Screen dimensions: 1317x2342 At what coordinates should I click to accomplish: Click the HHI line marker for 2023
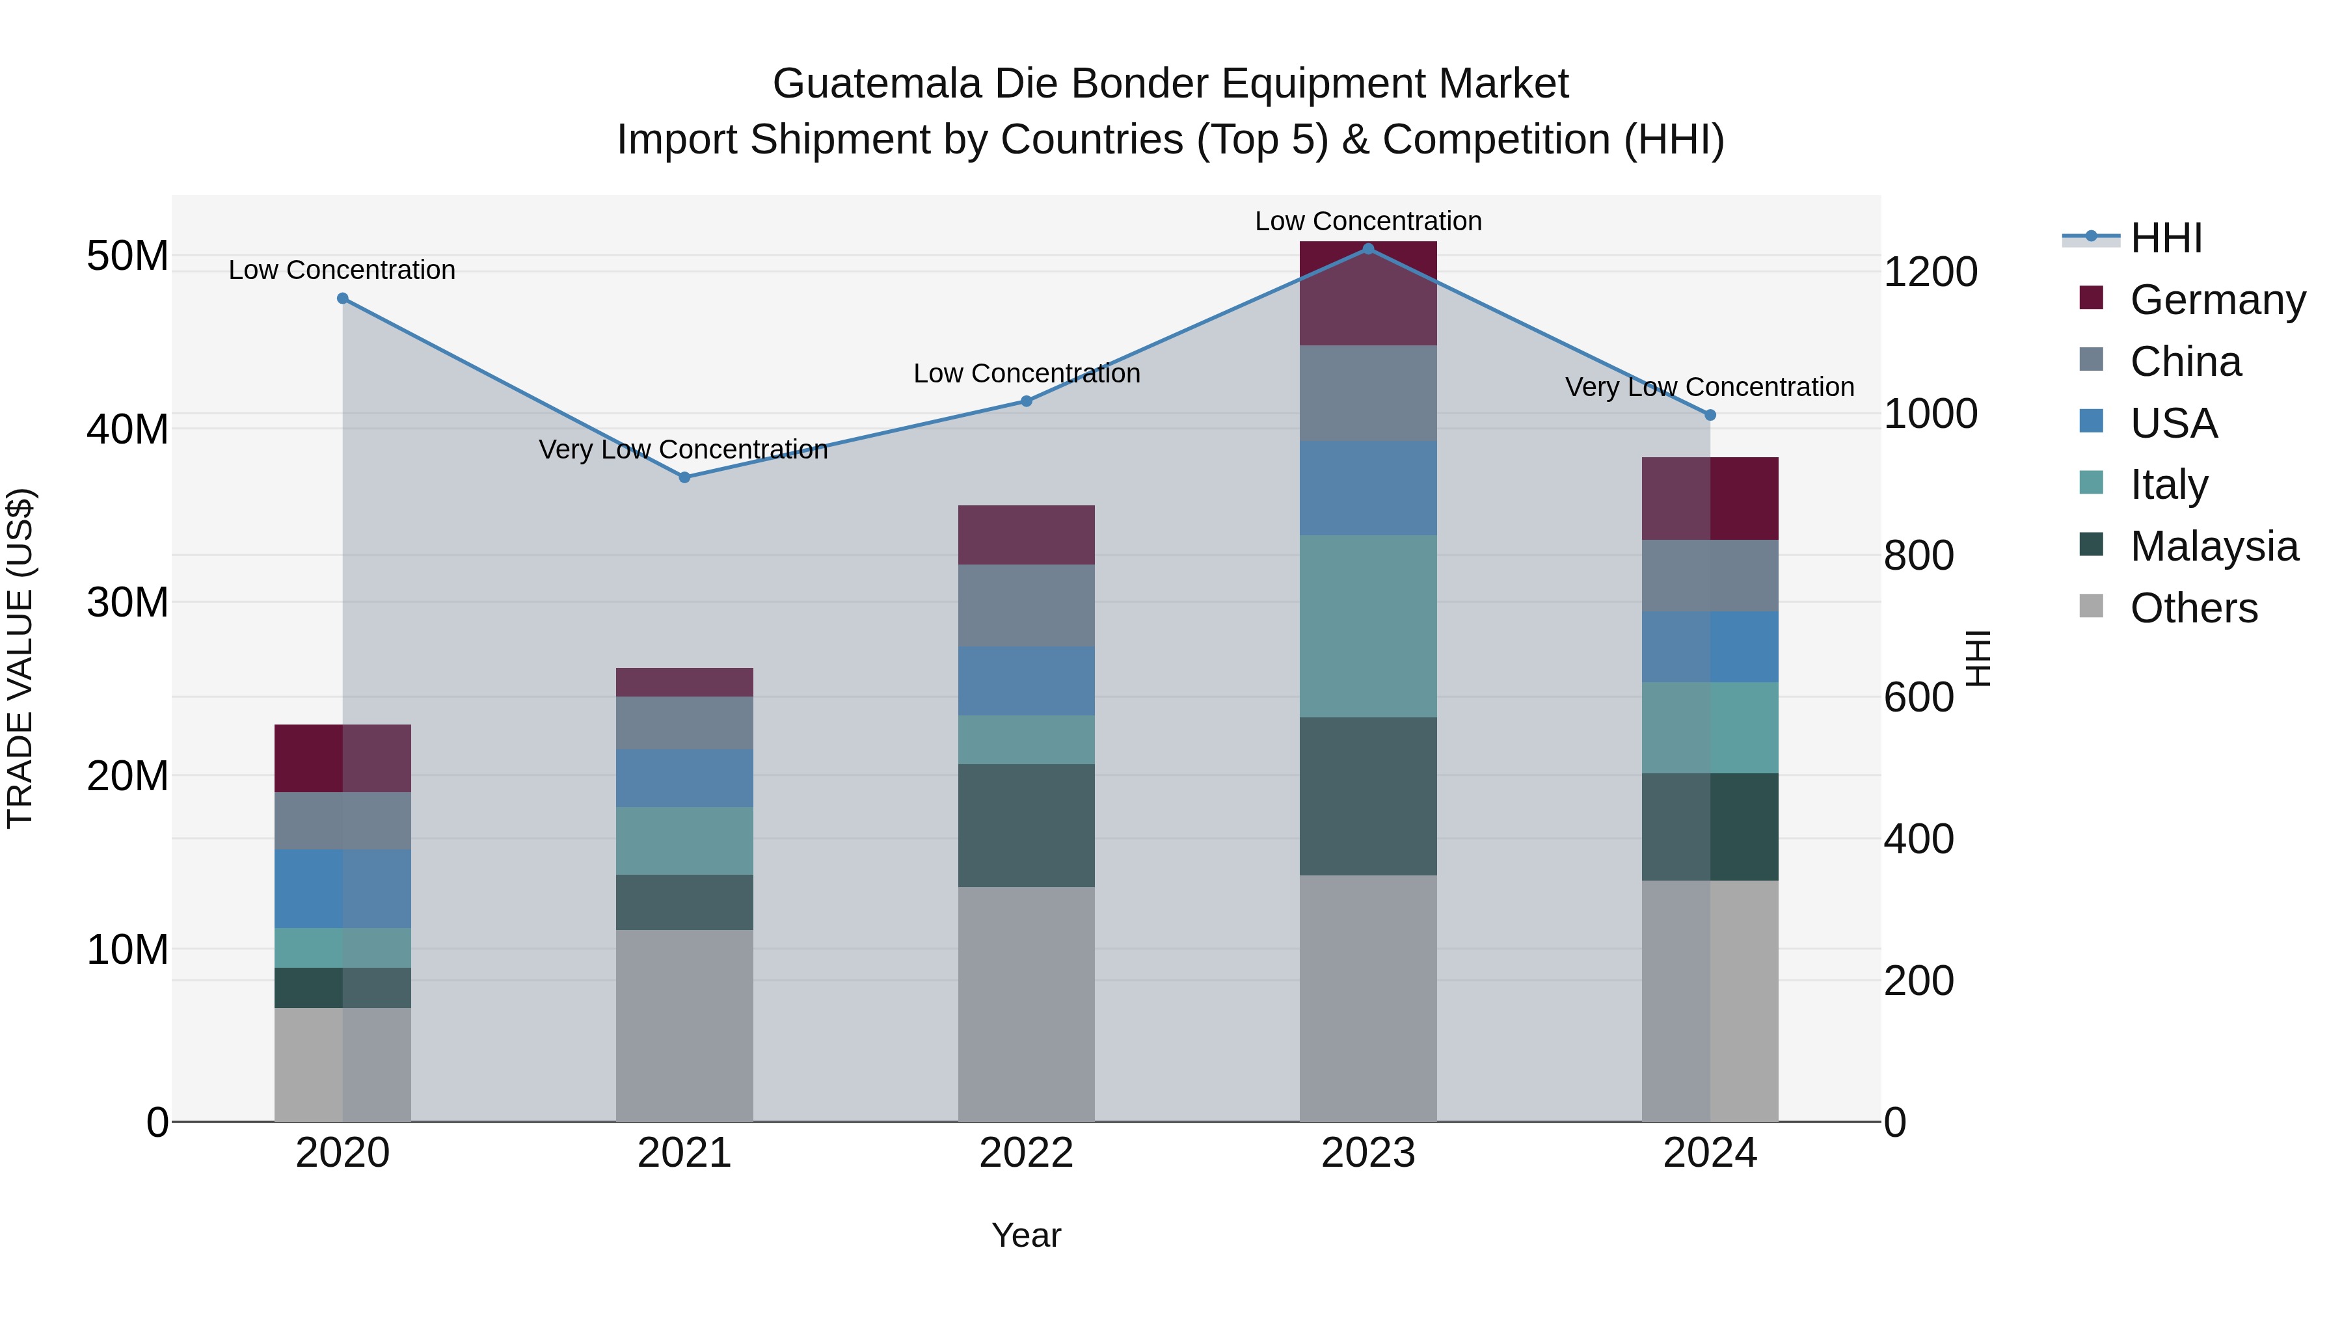(x=1367, y=249)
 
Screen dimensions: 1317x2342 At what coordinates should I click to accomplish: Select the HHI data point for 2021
(x=684, y=477)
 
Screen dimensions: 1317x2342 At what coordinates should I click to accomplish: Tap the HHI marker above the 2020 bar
(x=343, y=298)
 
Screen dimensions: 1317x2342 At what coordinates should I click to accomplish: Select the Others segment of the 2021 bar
(x=684, y=1024)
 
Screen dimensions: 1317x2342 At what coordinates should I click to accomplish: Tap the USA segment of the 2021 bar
(x=684, y=777)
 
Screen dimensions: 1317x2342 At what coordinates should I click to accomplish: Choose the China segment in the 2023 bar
(x=1367, y=393)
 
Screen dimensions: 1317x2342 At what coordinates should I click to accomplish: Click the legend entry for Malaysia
(x=2213, y=546)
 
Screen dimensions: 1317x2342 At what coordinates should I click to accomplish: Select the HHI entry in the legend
(x=2166, y=238)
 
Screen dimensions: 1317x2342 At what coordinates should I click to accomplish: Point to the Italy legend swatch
(x=2091, y=483)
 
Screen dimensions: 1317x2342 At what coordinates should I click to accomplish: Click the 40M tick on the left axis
(x=128, y=429)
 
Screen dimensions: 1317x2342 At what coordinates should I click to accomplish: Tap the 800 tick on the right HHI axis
(x=1918, y=555)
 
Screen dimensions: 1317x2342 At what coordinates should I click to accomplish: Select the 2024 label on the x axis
(x=1709, y=1153)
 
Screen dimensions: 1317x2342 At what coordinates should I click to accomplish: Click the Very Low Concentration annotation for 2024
(x=1708, y=387)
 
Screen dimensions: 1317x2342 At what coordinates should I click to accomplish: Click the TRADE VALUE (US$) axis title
(x=20, y=658)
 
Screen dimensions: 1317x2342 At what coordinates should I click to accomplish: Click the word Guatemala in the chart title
(x=876, y=84)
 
